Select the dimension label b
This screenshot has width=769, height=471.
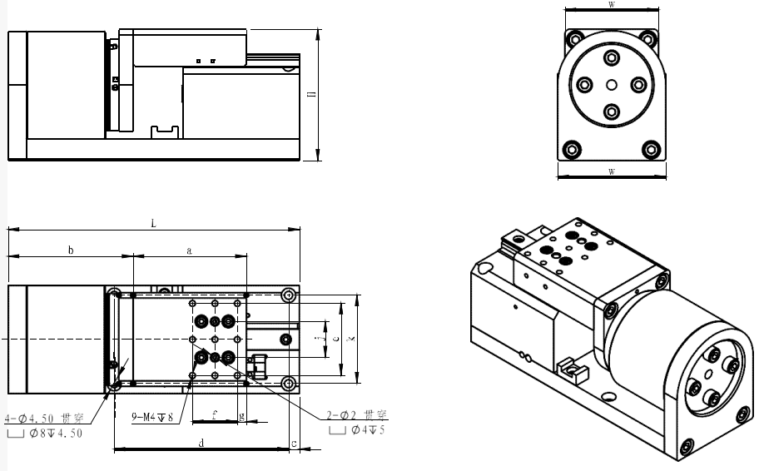click(71, 250)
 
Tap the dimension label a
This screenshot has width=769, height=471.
click(189, 250)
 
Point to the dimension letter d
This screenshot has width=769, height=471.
click(201, 444)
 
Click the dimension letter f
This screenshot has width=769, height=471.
click(214, 412)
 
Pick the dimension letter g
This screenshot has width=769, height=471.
click(241, 414)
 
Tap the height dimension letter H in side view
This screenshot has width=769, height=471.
click(311, 96)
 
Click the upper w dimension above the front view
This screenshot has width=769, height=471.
click(611, 5)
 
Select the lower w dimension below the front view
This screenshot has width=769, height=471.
click(611, 171)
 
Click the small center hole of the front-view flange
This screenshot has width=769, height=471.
click(612, 84)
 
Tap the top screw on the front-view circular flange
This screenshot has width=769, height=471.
click(612, 57)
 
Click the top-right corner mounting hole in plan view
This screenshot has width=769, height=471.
click(288, 295)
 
